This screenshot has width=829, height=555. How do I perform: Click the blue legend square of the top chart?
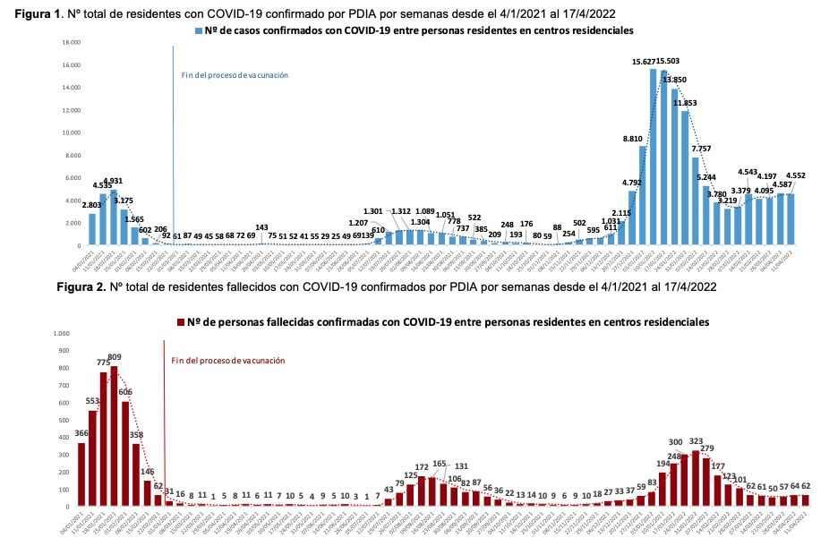coord(199,30)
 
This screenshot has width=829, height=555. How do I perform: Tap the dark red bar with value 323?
coord(695,478)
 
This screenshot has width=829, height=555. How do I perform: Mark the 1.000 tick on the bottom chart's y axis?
coord(61,334)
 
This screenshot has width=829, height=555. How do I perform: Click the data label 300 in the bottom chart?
coord(676,442)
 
